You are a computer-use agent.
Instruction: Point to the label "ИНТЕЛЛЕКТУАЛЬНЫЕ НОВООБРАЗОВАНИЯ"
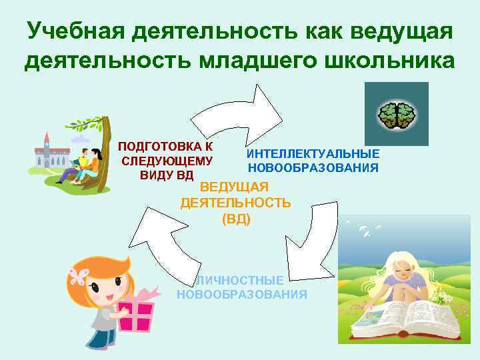[x=313, y=161]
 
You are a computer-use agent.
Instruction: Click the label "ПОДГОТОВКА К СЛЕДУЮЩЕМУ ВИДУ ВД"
[x=166, y=161]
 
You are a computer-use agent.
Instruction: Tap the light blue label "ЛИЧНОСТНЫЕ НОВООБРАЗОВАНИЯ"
[x=242, y=287]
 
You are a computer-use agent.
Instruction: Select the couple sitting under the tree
[x=84, y=164]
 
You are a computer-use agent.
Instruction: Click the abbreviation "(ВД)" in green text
[x=236, y=218]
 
